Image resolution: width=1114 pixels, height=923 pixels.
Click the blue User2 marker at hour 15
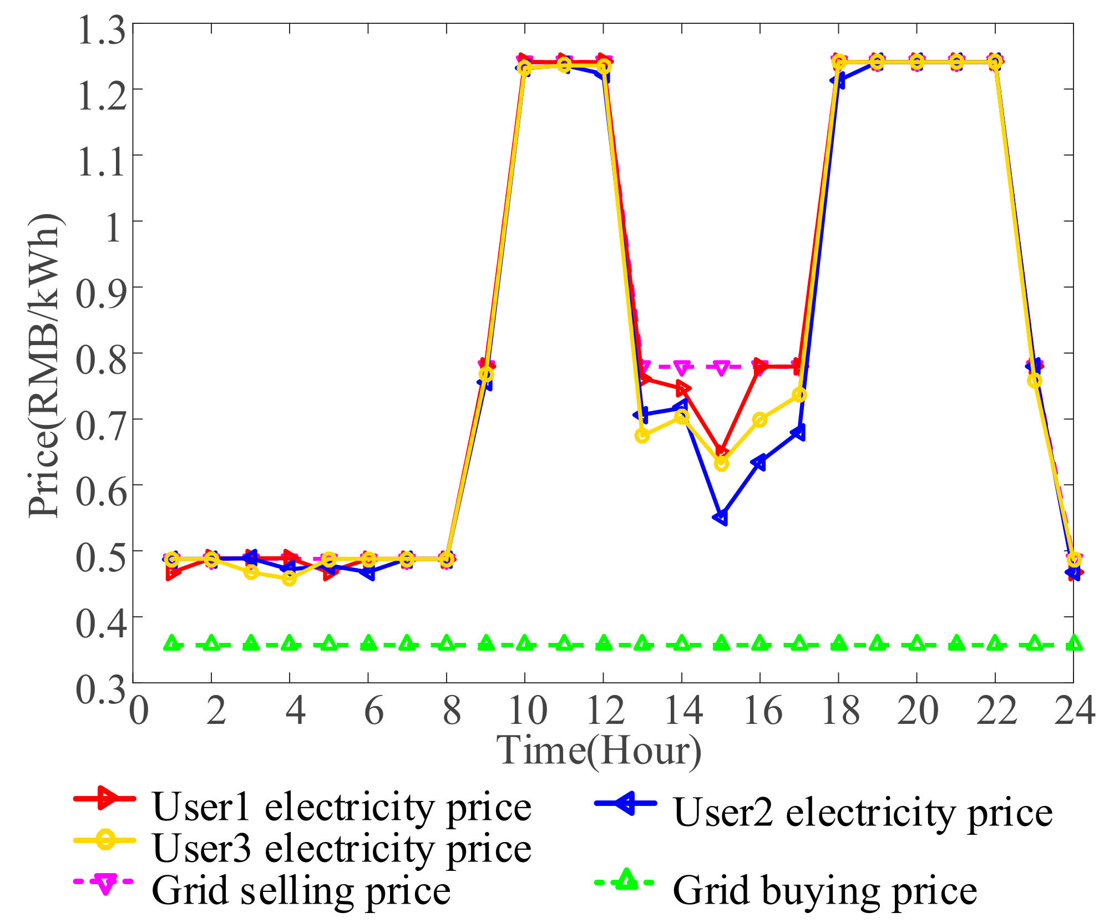721,518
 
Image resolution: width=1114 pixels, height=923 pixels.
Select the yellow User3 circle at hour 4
289,579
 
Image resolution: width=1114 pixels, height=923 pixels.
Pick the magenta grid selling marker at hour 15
721,368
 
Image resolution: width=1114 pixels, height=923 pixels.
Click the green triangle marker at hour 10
525,643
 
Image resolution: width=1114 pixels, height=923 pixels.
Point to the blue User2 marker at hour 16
759,462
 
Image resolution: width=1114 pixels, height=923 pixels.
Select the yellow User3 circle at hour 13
642,435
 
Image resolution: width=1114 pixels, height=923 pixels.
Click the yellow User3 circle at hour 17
799,395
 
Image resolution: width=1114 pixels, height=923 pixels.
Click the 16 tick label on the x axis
762,711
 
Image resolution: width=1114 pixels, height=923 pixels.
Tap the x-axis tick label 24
1074,711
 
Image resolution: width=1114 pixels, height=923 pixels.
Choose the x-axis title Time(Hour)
599,751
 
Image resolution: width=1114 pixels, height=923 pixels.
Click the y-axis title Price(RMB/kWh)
44,366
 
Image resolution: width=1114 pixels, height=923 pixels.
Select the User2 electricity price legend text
863,813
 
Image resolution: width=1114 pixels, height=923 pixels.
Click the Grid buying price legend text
825,891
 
